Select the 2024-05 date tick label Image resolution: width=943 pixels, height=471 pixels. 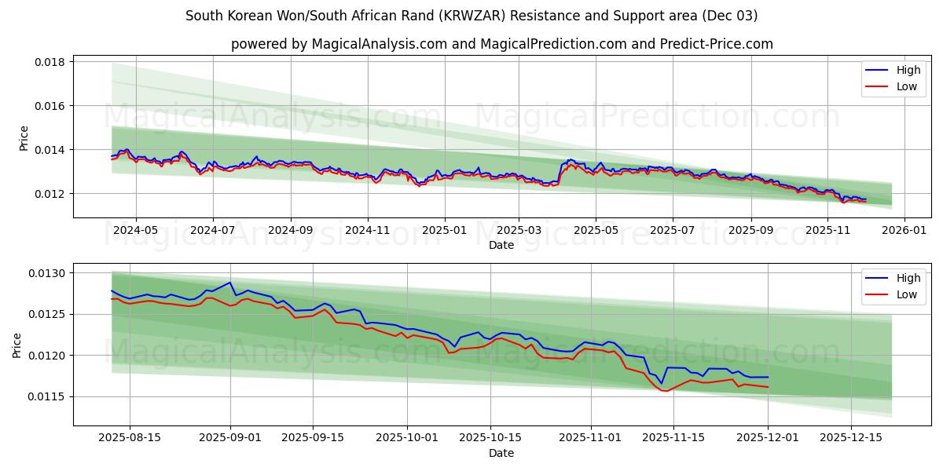click(x=136, y=231)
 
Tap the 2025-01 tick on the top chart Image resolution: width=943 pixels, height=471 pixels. click(x=444, y=231)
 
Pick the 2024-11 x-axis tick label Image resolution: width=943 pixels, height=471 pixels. click(x=368, y=231)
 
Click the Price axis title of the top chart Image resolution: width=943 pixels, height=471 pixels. click(x=24, y=138)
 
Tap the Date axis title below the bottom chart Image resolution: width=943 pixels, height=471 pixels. click(x=501, y=453)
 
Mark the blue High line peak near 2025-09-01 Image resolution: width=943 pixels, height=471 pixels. click(x=229, y=283)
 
